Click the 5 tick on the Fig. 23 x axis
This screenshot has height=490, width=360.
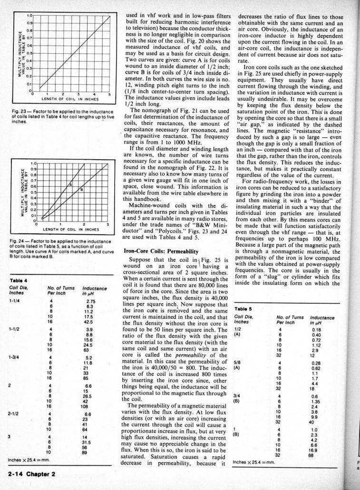[108, 94]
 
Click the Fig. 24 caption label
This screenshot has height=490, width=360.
[18, 241]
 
